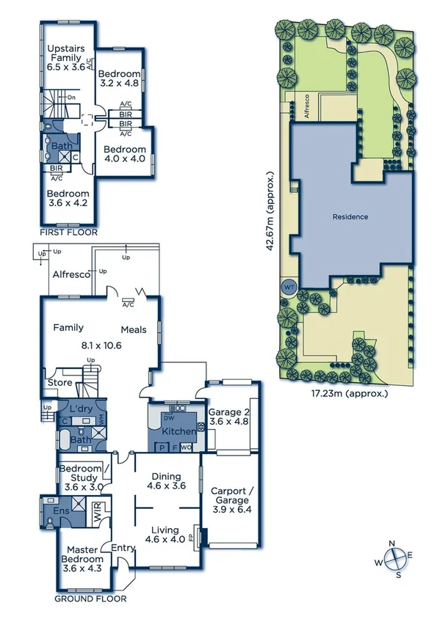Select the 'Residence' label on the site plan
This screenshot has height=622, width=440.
(350, 217)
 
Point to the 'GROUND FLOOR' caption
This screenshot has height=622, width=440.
(85, 599)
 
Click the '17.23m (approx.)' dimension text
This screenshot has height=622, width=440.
(345, 393)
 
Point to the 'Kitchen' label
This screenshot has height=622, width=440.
(178, 431)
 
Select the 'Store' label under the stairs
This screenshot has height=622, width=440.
(59, 382)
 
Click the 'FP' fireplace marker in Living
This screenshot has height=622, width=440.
(195, 536)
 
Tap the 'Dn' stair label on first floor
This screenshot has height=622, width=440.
(71, 97)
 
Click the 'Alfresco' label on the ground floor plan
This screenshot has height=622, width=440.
(71, 274)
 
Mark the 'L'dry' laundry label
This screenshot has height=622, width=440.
(79, 409)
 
